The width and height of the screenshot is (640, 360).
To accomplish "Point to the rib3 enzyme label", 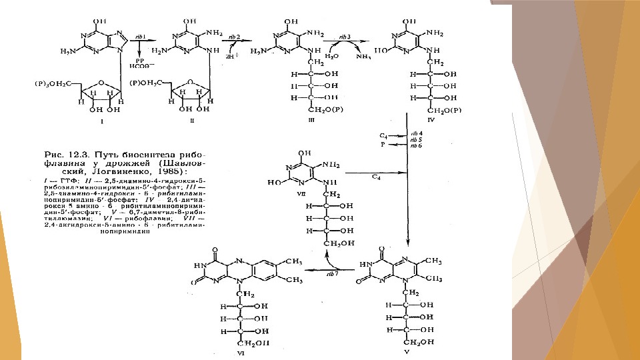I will pos(345,37).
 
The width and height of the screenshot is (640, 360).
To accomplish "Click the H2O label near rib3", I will pos(331,57).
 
